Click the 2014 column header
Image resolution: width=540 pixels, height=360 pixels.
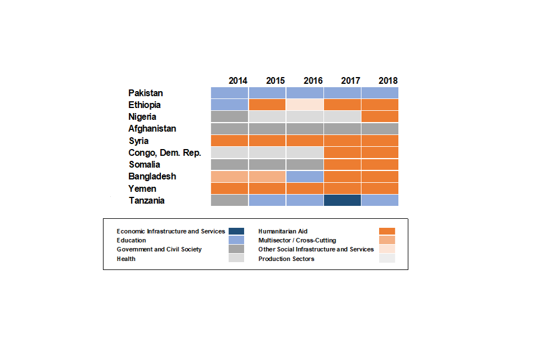(x=238, y=80)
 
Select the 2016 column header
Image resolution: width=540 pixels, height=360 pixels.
(x=313, y=80)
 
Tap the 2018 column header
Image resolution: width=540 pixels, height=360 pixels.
(x=388, y=80)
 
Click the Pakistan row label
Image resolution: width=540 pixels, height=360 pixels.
(x=146, y=93)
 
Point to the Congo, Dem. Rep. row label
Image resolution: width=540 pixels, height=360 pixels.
(x=165, y=152)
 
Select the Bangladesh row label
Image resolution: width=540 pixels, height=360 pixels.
(x=152, y=176)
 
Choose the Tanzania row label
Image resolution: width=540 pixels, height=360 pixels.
(x=147, y=200)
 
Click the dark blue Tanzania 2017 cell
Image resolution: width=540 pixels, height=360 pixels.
(x=342, y=200)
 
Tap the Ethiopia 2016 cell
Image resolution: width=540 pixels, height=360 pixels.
(x=304, y=105)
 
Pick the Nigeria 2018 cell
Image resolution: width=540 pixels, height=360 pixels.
(x=380, y=116)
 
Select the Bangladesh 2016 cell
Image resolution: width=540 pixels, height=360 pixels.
(x=304, y=176)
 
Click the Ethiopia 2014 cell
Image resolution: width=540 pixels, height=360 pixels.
(x=229, y=105)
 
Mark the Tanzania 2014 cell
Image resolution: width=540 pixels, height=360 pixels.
(x=229, y=200)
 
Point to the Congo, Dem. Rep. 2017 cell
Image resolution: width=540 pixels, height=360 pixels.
(x=342, y=152)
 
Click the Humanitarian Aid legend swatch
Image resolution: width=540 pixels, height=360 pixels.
(x=388, y=231)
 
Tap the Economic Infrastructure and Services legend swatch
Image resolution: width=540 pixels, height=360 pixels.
(x=236, y=231)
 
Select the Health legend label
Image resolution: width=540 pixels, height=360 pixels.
(x=126, y=259)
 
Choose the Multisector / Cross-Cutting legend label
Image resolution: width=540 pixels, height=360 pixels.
(x=297, y=240)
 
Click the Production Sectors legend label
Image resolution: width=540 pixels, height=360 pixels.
(x=286, y=259)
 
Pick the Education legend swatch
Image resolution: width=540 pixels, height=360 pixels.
(x=236, y=240)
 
